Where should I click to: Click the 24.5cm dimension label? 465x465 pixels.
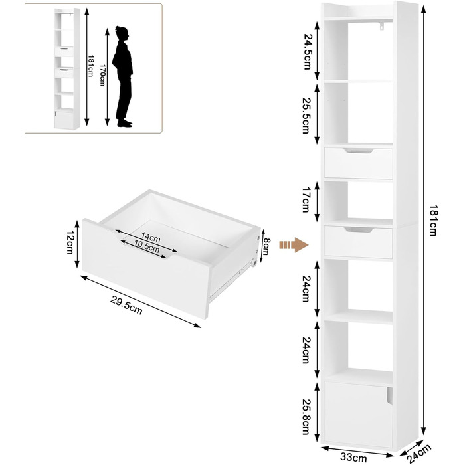click(x=307, y=52)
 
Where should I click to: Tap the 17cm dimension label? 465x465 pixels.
click(x=306, y=199)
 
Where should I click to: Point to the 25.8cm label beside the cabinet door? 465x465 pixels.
click(x=306, y=415)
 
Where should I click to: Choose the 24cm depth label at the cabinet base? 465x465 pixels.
click(x=418, y=454)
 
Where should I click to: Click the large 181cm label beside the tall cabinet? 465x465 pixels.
click(x=434, y=221)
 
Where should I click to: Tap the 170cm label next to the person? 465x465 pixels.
click(x=102, y=75)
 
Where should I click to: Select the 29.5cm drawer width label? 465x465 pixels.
click(x=127, y=305)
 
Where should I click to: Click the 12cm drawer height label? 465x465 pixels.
click(x=69, y=242)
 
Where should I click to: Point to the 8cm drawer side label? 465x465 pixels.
click(x=266, y=246)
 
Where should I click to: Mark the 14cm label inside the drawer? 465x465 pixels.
click(x=151, y=237)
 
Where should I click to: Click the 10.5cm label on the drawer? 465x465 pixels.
click(x=147, y=246)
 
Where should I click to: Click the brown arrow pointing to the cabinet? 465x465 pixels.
click(x=294, y=245)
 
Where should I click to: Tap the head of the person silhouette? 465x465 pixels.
click(x=122, y=33)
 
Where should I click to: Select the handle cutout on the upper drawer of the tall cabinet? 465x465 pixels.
click(x=359, y=151)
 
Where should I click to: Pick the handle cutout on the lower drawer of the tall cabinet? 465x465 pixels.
click(x=359, y=229)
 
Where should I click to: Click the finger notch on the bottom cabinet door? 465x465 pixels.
click(x=389, y=396)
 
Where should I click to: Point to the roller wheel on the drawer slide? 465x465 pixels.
click(x=254, y=262)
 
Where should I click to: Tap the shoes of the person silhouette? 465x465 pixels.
click(x=125, y=123)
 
